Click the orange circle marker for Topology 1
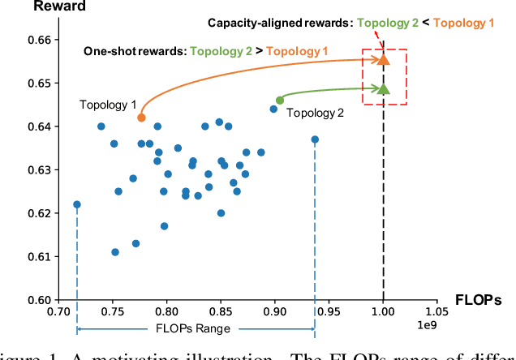tap(141, 118)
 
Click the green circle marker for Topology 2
tap(280, 101)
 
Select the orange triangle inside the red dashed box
tap(384, 59)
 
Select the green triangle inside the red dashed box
tap(384, 89)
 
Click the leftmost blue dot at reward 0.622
tap(77, 204)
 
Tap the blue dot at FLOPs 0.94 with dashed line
tap(315, 139)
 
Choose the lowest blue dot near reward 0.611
tap(115, 252)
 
